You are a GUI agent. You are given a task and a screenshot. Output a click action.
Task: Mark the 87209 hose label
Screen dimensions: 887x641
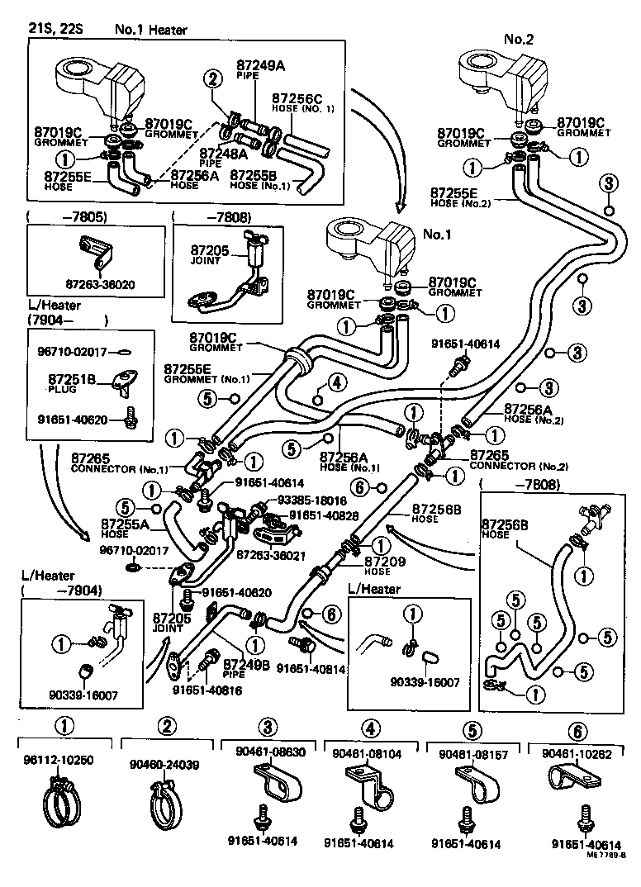point(381,561)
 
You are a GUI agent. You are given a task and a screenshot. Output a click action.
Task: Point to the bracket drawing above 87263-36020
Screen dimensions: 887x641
point(94,252)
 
